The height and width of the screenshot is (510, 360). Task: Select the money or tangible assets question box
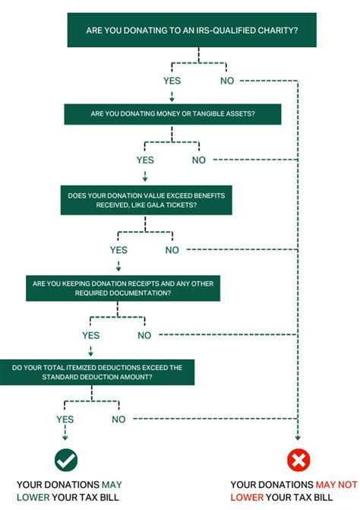point(172,113)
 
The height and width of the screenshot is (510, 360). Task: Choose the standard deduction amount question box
point(97,372)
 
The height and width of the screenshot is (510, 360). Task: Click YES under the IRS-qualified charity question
point(172,80)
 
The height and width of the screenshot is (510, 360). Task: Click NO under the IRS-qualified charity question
point(226,80)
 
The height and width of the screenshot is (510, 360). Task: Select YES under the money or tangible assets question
point(145,160)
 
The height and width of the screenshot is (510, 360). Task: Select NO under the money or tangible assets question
point(199,160)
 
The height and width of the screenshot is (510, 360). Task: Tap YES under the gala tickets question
point(118,249)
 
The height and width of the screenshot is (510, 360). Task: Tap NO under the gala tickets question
point(172,249)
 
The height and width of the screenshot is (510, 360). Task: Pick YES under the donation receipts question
point(90,335)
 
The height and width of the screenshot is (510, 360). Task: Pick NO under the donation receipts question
point(144,335)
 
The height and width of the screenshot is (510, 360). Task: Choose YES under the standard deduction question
point(65,419)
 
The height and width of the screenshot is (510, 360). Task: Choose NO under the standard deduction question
point(118,419)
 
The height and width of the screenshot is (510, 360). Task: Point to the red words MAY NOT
point(335,484)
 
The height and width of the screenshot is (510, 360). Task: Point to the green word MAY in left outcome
point(111,484)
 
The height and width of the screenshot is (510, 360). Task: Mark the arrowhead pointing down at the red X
point(298,438)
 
